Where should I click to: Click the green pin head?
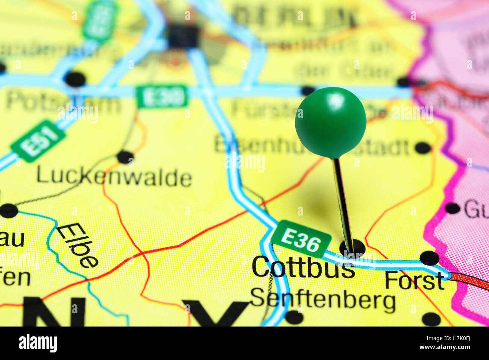(330, 122)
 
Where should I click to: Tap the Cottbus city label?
(303, 267)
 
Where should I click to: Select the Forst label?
(414, 281)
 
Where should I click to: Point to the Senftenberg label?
(323, 300)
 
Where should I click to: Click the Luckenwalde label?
(114, 177)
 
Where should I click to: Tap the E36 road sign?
(301, 239)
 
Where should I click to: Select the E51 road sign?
(38, 141)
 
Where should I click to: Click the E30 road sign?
(162, 96)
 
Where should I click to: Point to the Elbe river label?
(77, 245)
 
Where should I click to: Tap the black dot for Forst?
(429, 258)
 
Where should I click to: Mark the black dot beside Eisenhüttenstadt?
(423, 148)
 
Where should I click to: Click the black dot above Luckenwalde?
(125, 156)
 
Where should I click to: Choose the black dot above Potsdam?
(75, 79)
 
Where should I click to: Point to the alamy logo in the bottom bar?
(38, 343)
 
